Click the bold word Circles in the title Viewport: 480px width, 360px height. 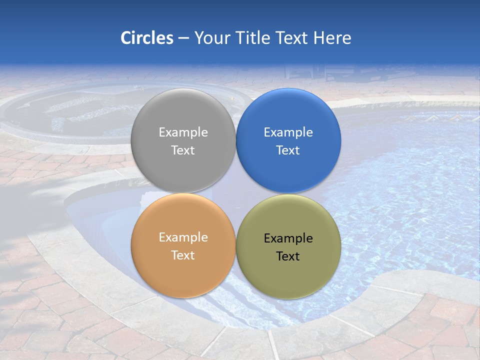[x=146, y=38]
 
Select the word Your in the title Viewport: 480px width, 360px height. [x=211, y=38]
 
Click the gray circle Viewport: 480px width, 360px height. [x=183, y=115]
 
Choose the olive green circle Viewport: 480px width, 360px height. [x=288, y=275]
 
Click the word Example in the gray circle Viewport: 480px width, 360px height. [x=183, y=132]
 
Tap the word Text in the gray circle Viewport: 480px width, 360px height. [x=183, y=150]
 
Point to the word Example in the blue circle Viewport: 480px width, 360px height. [x=288, y=132]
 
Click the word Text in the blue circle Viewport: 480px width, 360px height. [x=288, y=150]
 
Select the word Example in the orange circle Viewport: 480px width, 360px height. [x=183, y=237]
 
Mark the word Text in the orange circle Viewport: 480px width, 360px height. [x=183, y=255]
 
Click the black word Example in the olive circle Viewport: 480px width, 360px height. [x=288, y=238]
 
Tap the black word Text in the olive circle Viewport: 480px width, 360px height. [x=288, y=256]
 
